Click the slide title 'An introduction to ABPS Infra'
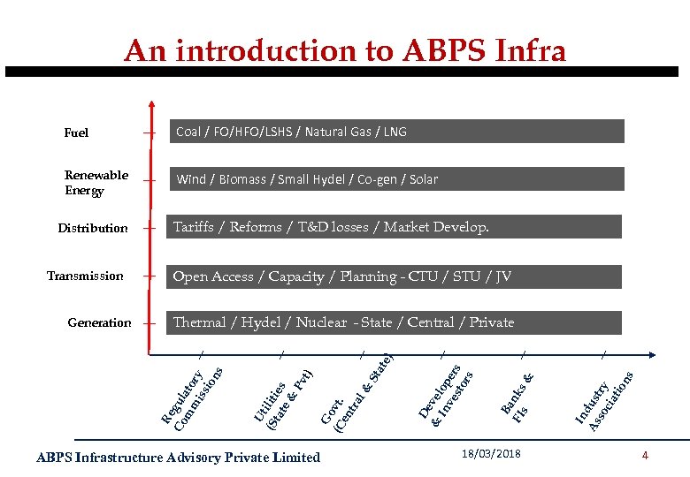coord(344,50)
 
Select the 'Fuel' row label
coord(77,133)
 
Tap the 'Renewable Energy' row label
coord(96,183)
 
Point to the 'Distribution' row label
coord(93,228)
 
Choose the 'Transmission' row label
coord(85,276)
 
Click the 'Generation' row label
coord(99,323)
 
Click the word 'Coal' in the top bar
coord(188,132)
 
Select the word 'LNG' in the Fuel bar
coord(395,132)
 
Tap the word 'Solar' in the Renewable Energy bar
coord(423,179)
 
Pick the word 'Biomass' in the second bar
coord(243,179)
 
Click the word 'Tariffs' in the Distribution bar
coord(194,227)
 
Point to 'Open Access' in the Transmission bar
coord(213,276)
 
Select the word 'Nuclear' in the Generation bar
coord(321,322)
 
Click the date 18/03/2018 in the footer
coord(491,454)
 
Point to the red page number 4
coord(645,456)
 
